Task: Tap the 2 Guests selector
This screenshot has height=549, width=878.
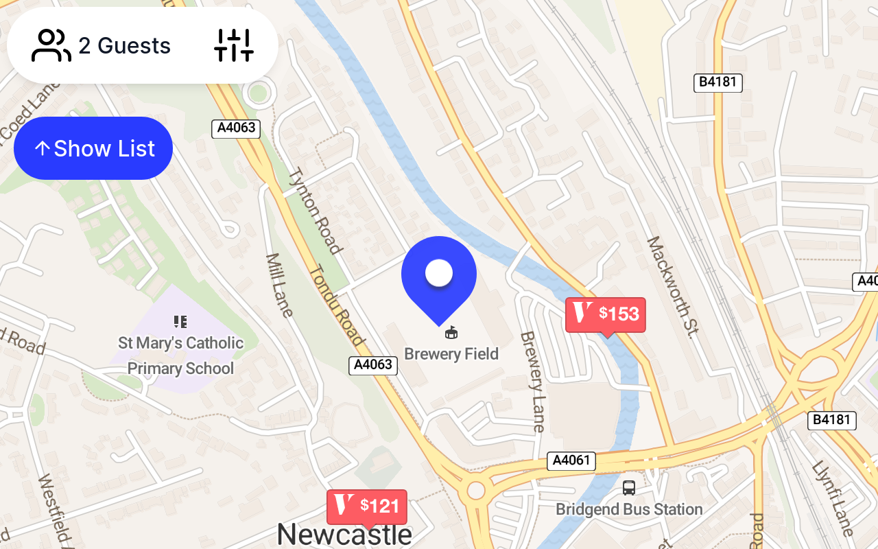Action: coord(102,46)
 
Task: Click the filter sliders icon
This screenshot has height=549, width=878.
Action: coord(234,46)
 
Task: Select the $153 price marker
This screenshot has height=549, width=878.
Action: coord(605,314)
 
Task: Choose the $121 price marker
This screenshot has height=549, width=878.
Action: coord(367,506)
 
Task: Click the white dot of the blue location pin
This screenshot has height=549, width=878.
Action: coord(439,273)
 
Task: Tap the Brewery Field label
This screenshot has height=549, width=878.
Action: coord(451,354)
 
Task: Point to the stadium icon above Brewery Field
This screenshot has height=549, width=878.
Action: coord(451,334)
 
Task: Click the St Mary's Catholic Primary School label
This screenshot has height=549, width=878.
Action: coord(180,355)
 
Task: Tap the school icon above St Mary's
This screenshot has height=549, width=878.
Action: coord(180,321)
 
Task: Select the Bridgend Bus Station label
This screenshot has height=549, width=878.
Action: coord(629,509)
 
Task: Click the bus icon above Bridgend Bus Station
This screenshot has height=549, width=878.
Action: coord(629,488)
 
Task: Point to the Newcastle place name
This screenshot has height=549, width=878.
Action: coord(344,534)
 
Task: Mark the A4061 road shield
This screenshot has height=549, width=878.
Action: coord(571,460)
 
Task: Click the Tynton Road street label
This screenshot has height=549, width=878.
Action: coord(316,211)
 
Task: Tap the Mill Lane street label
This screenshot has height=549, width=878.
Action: coord(279,285)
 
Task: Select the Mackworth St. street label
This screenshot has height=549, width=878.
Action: coord(671,287)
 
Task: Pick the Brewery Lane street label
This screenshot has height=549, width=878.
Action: coord(532,382)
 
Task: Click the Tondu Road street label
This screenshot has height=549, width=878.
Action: coord(335,305)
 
